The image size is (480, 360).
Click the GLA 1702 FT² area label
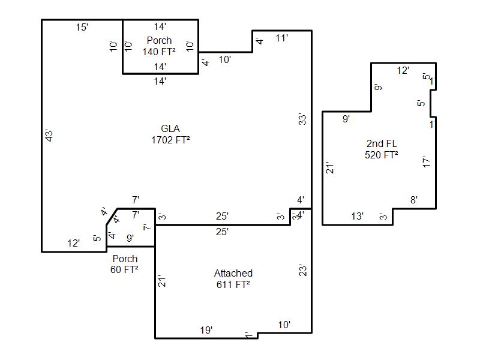coord(170,134)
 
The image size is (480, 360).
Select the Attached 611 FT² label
coord(233,278)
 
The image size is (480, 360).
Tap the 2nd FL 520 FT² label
coord(382,149)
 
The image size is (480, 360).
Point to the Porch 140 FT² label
coord(159,46)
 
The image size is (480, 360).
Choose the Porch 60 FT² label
coord(125,264)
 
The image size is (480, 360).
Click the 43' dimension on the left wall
coord(49,136)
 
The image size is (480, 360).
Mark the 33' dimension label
coord(302,119)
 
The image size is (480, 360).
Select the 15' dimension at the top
coord(82,27)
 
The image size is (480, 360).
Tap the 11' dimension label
coord(281,38)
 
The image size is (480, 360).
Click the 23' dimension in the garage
coord(302,271)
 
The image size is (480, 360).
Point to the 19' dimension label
coord(206,330)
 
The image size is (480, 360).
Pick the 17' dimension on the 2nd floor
coord(427,161)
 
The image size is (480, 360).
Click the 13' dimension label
coord(357,217)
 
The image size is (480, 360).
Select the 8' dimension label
coord(414,200)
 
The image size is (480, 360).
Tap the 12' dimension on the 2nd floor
coord(403,71)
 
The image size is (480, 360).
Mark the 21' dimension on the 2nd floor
coord(329,167)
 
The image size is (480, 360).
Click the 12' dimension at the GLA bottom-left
coord(73,244)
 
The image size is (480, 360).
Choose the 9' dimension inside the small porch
coord(130,238)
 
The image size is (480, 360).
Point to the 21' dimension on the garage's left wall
coord(161,281)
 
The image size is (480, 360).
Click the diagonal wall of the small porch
coord(112,217)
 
